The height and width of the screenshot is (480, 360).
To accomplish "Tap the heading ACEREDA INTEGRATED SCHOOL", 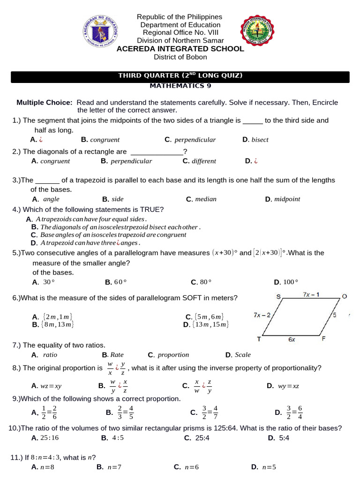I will coord(180,49).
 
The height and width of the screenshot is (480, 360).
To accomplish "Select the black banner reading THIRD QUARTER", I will coord(180,77).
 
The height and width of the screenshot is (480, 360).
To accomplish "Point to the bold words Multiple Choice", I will coord(45,102).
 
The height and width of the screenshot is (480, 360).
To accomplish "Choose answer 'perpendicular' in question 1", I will coord(195,140).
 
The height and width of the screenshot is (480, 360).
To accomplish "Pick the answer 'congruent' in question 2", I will coord(55,161).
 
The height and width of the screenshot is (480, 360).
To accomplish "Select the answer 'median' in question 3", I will coord(205,199).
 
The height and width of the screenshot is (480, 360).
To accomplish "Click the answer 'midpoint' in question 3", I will coord(287,199).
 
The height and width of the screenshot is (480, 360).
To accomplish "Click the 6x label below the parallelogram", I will coord(292,340).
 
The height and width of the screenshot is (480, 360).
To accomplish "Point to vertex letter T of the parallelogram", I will coord(259,339).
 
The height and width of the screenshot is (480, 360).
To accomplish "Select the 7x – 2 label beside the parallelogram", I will coord(262,315).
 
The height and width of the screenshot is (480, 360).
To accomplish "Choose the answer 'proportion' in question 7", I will coord(173,355).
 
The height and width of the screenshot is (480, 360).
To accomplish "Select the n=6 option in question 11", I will coord(192,467).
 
